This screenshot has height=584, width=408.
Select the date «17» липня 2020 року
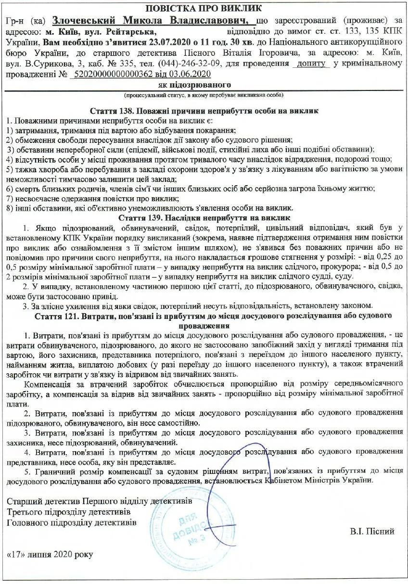(51, 554)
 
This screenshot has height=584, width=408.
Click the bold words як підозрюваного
(204, 85)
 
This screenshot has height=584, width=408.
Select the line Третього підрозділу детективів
(69, 511)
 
